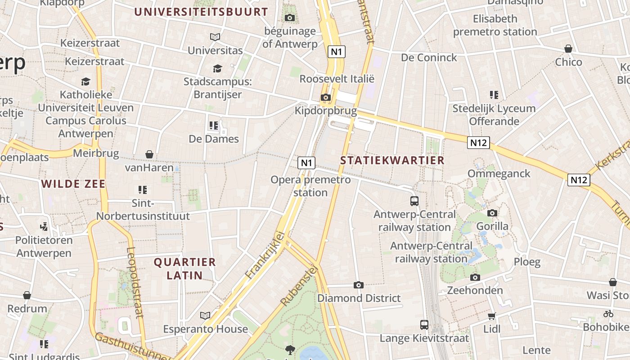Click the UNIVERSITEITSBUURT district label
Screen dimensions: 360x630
[201, 12]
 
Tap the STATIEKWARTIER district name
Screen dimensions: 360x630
[392, 160]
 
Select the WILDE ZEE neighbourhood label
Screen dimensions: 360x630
[73, 184]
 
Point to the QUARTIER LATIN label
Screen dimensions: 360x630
[185, 268]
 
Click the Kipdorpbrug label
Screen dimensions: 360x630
[325, 111]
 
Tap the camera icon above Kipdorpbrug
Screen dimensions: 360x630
[325, 97]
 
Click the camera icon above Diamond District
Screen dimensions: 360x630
[359, 285]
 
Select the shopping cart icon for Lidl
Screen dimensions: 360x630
[492, 316]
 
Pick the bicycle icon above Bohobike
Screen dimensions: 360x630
[608, 314]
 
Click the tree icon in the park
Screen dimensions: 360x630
[290, 349]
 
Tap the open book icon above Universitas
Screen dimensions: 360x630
[215, 37]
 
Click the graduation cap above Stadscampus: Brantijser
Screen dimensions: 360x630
[217, 68]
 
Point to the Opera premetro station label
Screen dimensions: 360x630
[310, 186]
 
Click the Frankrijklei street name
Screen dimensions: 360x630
[266, 254]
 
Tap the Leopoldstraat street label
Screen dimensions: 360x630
[135, 282]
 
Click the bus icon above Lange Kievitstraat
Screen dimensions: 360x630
[424, 324]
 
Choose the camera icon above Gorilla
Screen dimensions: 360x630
[492, 213]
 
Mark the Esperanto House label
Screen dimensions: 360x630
[205, 329]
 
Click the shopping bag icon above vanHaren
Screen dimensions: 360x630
[149, 155]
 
